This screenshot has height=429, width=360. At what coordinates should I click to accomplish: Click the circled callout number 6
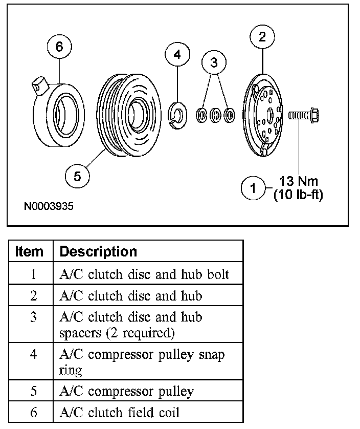59,47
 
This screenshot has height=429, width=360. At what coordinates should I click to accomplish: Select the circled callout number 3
214,62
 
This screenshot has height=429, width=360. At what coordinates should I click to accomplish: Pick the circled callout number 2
262,36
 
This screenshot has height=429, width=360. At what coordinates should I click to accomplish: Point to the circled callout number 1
253,188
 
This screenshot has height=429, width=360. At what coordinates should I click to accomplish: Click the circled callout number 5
77,177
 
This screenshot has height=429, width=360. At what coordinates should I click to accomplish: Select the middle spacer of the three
216,115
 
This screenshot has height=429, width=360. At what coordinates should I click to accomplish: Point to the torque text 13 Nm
298,181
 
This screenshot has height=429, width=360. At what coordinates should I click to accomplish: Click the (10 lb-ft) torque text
298,195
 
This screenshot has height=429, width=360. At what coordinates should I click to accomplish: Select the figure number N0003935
49,207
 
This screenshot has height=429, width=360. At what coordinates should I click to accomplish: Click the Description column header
98,252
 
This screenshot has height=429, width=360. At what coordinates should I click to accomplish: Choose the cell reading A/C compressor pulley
126,392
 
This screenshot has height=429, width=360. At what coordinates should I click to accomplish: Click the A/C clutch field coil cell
120,412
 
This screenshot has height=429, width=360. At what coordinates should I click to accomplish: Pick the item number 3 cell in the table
33,317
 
